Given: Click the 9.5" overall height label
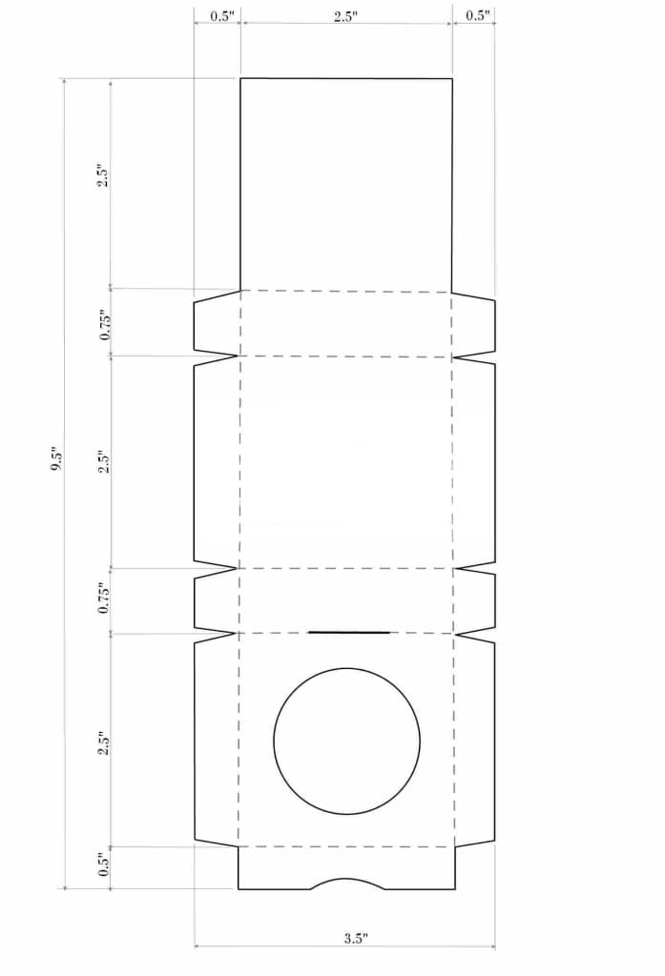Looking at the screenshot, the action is [55, 458].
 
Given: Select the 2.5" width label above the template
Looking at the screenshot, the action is [345, 16].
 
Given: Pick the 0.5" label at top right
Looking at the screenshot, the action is [478, 16].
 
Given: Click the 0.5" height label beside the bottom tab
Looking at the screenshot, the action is [104, 864].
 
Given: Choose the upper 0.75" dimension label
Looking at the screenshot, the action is [105, 324].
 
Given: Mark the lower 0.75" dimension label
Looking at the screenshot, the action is [104, 599].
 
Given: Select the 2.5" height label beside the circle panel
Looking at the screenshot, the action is [104, 742].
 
